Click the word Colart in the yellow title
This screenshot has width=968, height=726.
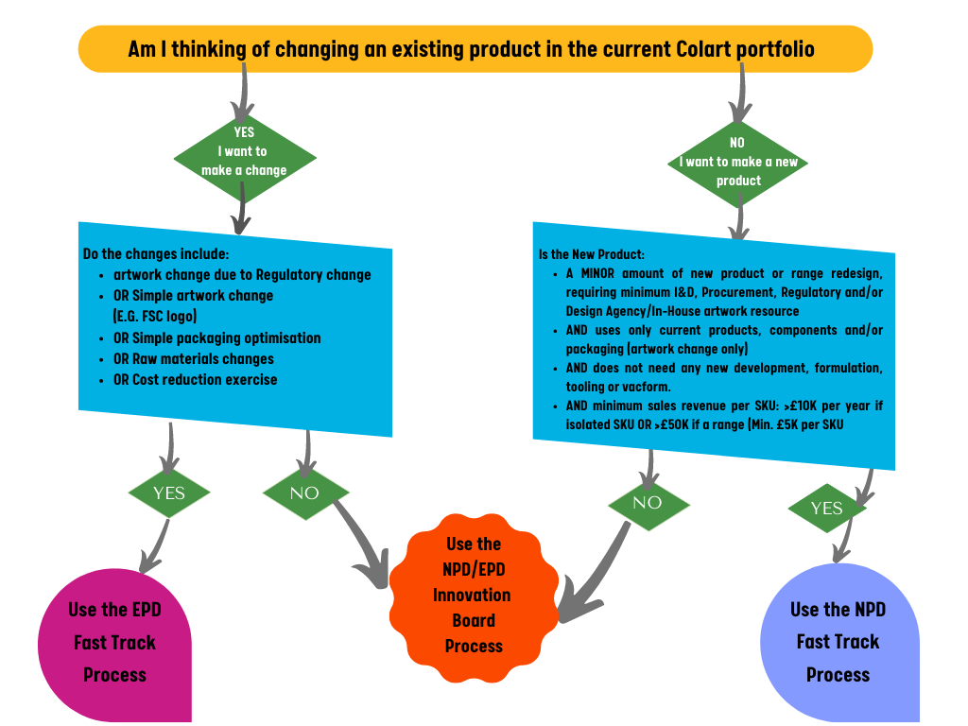tap(699, 49)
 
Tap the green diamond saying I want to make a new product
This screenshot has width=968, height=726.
tap(738, 163)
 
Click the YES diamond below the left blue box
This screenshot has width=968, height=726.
tap(169, 493)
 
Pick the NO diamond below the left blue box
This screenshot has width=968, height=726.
tap(304, 493)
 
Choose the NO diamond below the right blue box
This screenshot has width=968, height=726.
tap(648, 503)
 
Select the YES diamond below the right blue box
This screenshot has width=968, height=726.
tap(827, 509)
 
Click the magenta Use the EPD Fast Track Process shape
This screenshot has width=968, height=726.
tap(114, 643)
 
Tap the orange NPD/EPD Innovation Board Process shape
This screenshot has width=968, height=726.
tap(473, 596)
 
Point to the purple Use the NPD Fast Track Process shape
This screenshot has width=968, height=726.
tap(838, 643)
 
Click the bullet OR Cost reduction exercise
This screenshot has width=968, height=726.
tap(196, 380)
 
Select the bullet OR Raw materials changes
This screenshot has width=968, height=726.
tap(194, 359)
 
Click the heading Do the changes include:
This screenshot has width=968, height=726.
tap(156, 254)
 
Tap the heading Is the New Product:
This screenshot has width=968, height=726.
tap(592, 254)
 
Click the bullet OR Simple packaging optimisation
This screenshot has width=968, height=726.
tap(216, 337)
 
